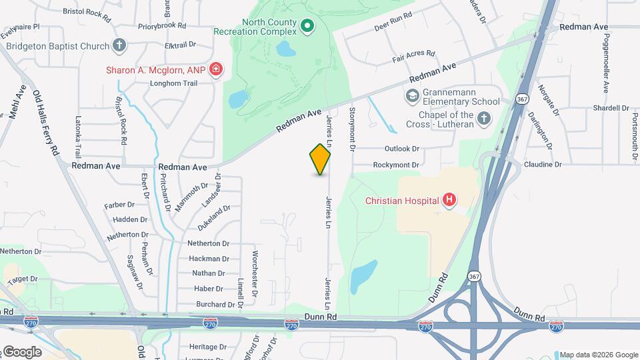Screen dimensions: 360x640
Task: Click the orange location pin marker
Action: coord(321,159)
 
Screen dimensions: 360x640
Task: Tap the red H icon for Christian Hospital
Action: coord(450,200)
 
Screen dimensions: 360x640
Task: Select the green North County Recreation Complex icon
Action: coord(307,27)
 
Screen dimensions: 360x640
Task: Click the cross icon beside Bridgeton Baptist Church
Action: coord(119,46)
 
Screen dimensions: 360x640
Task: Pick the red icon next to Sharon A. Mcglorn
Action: coord(215,69)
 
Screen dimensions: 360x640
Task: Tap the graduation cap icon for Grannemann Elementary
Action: coord(412,97)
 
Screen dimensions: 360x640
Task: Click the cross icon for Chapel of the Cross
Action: coord(484,119)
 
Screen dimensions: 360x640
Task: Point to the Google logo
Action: coord(21,352)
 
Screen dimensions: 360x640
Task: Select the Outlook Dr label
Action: coord(402,149)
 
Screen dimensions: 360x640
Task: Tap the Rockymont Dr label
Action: coord(396,165)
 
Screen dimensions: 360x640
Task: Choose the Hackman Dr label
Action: coord(209,259)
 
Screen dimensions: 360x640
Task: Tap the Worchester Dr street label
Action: coord(255,273)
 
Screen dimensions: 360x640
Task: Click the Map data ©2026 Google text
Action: coord(598,355)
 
